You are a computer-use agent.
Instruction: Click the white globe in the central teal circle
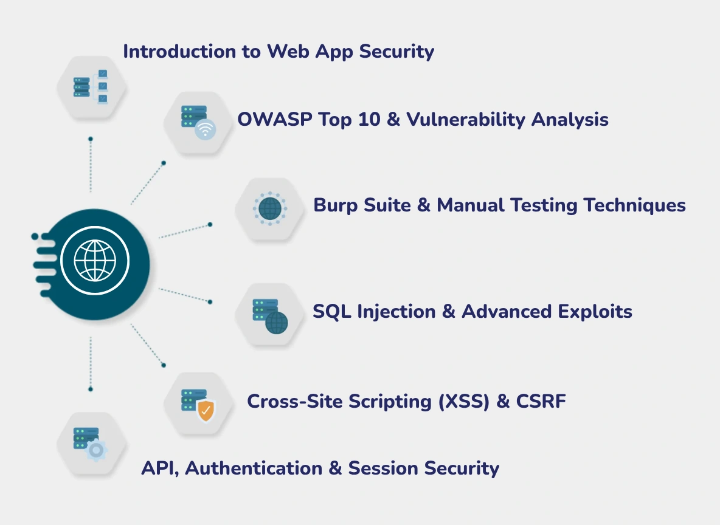point(94,261)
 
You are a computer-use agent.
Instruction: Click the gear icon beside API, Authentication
point(96,450)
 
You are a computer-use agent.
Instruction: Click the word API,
point(160,468)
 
